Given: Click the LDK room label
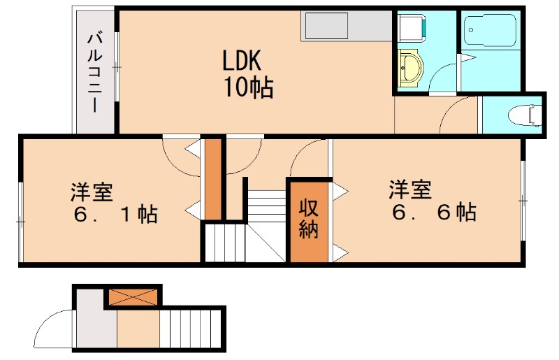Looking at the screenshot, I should click(x=242, y=62).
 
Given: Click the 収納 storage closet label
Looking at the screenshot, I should click(x=309, y=219).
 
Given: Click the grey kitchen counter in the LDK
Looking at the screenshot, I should click(x=347, y=26).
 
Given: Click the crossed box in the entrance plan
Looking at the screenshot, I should click(x=133, y=296).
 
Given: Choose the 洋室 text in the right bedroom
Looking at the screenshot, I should click(x=410, y=189).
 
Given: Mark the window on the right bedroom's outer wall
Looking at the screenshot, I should click(x=523, y=201).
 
